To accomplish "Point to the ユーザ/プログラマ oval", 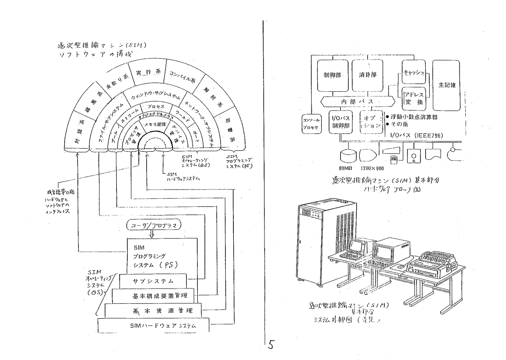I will (151, 225).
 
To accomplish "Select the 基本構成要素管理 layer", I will (157, 296).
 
